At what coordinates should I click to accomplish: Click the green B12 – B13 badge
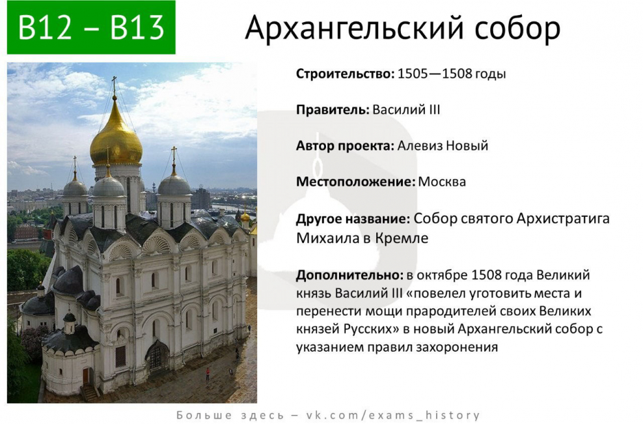[91, 27]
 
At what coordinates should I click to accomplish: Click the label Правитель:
[333, 109]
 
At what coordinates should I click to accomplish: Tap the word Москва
[442, 182]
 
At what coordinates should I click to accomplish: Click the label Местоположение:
[355, 182]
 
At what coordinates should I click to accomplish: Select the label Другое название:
[353, 218]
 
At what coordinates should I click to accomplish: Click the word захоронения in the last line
[459, 347]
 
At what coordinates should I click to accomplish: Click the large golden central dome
[116, 137]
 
